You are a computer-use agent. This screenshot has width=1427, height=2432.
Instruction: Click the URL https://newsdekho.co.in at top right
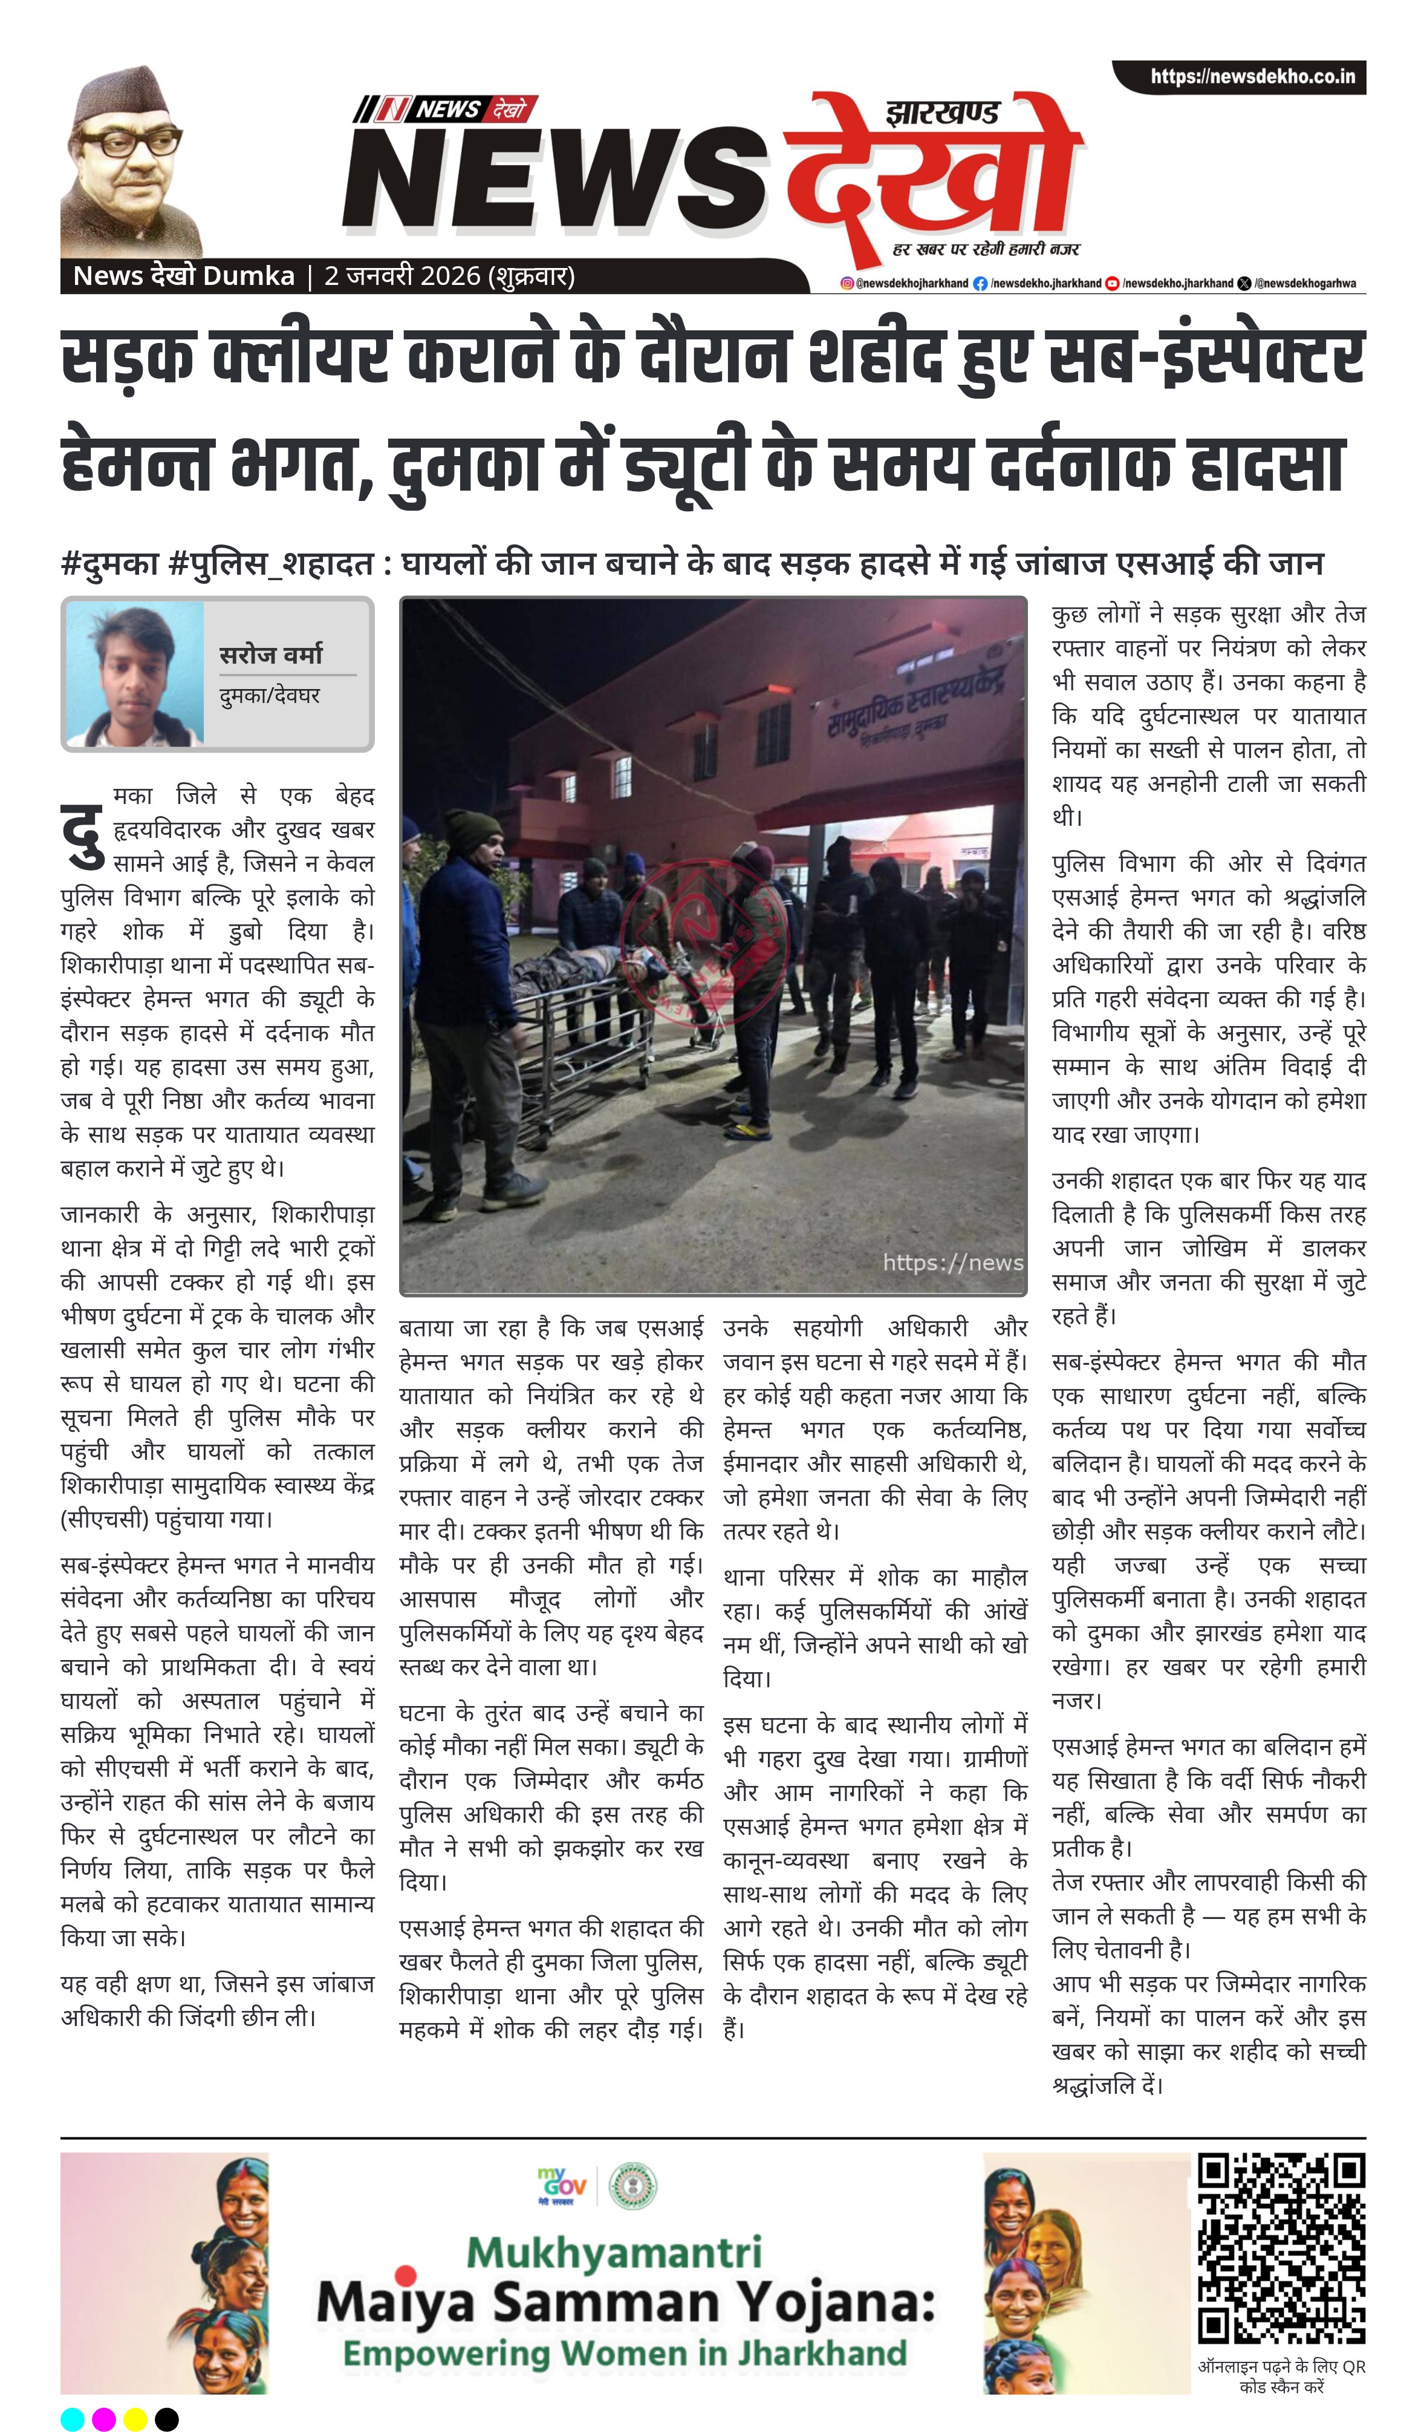click(x=1252, y=76)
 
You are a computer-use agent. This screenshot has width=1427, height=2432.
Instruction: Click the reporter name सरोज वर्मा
click(x=271, y=655)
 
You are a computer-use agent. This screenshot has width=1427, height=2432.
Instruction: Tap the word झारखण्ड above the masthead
click(x=941, y=113)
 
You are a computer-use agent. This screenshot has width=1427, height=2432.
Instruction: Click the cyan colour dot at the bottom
click(x=73, y=2419)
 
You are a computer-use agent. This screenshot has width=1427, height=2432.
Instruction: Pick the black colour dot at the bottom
click(x=167, y=2419)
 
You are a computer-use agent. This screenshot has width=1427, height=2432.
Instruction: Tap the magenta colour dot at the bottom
click(x=103, y=2419)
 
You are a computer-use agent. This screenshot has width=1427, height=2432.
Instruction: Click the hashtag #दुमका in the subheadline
click(x=109, y=563)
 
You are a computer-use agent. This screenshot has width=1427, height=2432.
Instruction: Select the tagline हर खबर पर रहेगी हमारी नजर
click(x=985, y=249)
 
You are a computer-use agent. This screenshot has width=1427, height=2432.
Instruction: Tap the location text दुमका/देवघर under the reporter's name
click(x=269, y=695)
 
